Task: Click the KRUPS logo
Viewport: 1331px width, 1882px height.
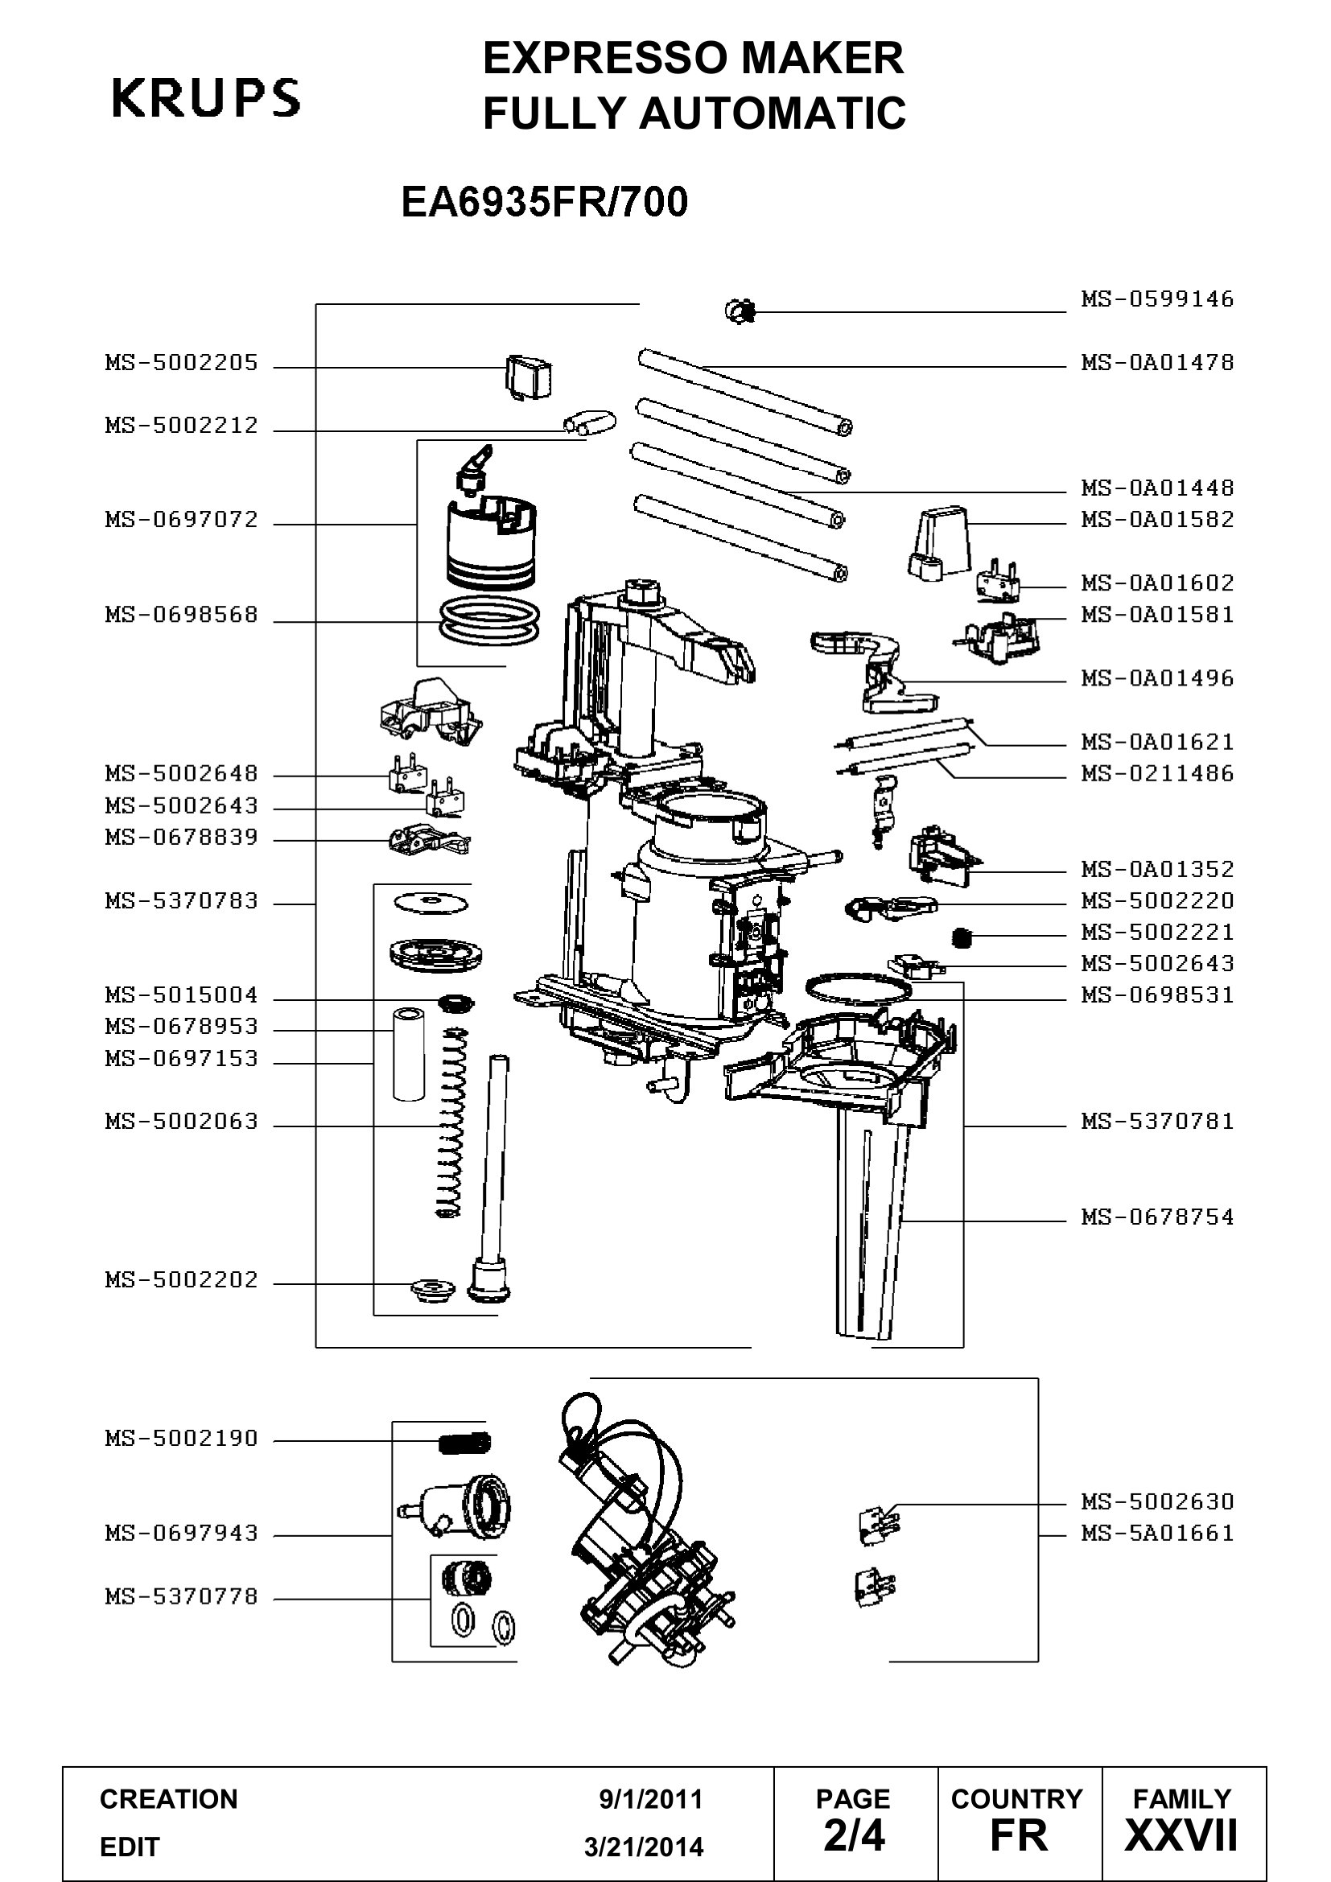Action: [x=206, y=97]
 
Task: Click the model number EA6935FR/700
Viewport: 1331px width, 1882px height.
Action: [x=544, y=202]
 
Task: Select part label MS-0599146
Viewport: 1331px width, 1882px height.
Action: [x=1156, y=299]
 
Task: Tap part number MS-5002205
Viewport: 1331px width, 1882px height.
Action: [x=181, y=362]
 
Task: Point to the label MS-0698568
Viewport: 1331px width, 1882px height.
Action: [x=181, y=615]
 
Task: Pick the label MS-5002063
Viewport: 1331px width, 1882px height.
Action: [x=181, y=1122]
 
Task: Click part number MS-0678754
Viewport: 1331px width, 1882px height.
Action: [x=1156, y=1217]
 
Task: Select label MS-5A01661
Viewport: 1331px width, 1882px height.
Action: [x=1156, y=1533]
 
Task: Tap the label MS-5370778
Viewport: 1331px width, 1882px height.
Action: [x=181, y=1596]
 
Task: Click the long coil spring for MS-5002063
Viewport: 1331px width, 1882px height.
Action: [x=450, y=1123]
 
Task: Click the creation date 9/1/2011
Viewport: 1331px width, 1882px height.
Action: [x=651, y=1799]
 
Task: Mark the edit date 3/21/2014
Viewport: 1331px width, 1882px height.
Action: [x=644, y=1847]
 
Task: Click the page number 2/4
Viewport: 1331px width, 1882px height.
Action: [x=854, y=1835]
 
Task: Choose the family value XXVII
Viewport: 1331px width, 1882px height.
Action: [x=1181, y=1835]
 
